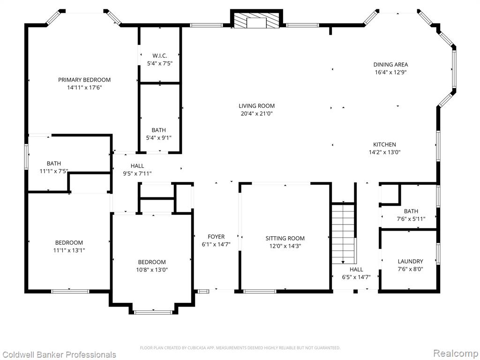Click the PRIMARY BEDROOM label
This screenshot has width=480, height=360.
pyautogui.click(x=84, y=80)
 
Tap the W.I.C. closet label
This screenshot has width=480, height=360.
pyautogui.click(x=160, y=56)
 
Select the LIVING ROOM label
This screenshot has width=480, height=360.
pyautogui.click(x=256, y=106)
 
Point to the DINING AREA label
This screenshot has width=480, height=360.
pyautogui.click(x=390, y=65)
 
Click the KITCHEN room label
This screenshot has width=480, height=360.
pyautogui.click(x=384, y=144)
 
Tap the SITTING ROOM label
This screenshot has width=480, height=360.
pyautogui.click(x=285, y=238)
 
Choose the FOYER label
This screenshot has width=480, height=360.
pyautogui.click(x=216, y=237)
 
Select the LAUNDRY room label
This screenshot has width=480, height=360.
pyautogui.click(x=410, y=262)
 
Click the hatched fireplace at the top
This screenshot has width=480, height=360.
pyautogui.click(x=256, y=21)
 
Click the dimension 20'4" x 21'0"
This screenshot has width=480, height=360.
pyautogui.click(x=256, y=114)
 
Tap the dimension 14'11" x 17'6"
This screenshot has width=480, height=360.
pyautogui.click(x=84, y=88)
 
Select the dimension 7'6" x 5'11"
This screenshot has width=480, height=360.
pyautogui.click(x=411, y=219)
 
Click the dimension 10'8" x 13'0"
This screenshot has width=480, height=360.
pyautogui.click(x=152, y=270)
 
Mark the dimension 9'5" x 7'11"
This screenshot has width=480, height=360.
pyautogui.click(x=137, y=174)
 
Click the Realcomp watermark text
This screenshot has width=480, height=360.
pyautogui.click(x=456, y=353)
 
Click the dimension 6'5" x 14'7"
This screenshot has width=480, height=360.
pyautogui.click(x=356, y=277)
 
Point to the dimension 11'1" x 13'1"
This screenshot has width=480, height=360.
pyautogui.click(x=69, y=251)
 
